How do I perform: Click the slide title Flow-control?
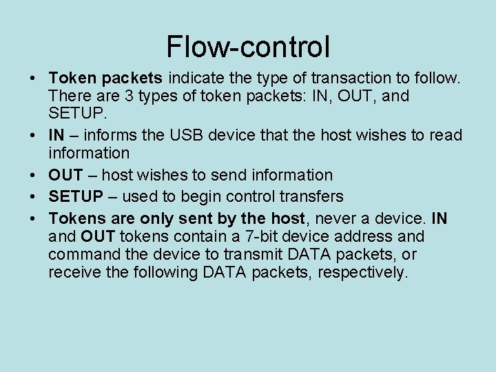pos(248,47)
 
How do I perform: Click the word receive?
pos(75,273)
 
